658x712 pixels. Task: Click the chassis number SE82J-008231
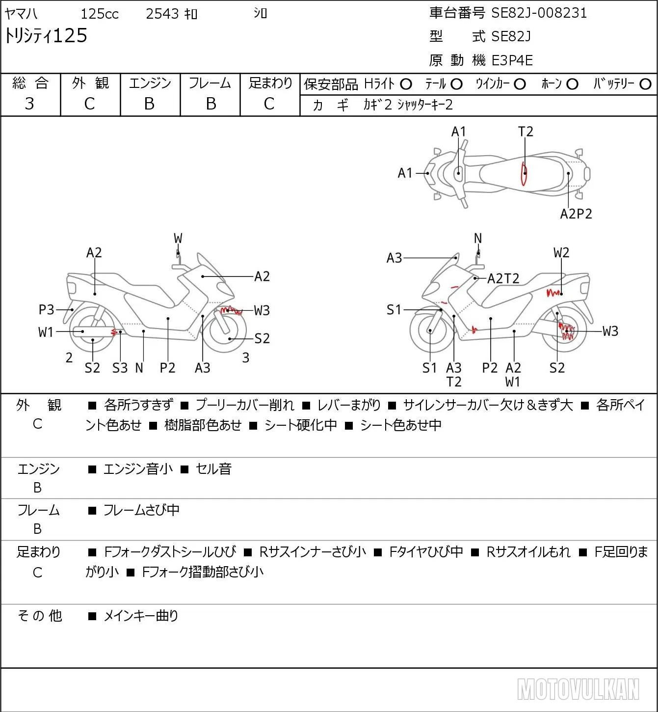pyautogui.click(x=539, y=13)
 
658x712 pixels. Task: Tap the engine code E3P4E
pyautogui.click(x=512, y=60)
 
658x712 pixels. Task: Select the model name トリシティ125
pyautogui.click(x=46, y=35)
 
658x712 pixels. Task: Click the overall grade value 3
pyautogui.click(x=29, y=104)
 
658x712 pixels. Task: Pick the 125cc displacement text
pyautogui.click(x=99, y=14)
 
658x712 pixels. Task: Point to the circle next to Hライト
pyautogui.click(x=406, y=84)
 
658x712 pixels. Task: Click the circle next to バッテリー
pyautogui.click(x=645, y=84)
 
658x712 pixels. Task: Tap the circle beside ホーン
pyautogui.click(x=572, y=84)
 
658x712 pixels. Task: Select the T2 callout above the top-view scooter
pyautogui.click(x=526, y=132)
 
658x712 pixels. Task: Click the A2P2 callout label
pyautogui.click(x=576, y=214)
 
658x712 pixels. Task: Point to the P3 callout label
pyautogui.click(x=46, y=309)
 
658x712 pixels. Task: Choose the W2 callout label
pyautogui.click(x=561, y=253)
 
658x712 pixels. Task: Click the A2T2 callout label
pyautogui.click(x=503, y=278)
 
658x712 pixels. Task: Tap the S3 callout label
pyautogui.click(x=120, y=368)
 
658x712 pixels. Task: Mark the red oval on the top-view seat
pyautogui.click(x=524, y=173)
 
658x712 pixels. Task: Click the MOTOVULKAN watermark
pyautogui.click(x=578, y=689)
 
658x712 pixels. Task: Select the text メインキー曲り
pyautogui.click(x=141, y=616)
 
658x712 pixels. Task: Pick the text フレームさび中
pyautogui.click(x=141, y=510)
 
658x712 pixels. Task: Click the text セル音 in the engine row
pyautogui.click(x=213, y=469)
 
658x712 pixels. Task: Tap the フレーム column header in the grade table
pyautogui.click(x=210, y=83)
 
